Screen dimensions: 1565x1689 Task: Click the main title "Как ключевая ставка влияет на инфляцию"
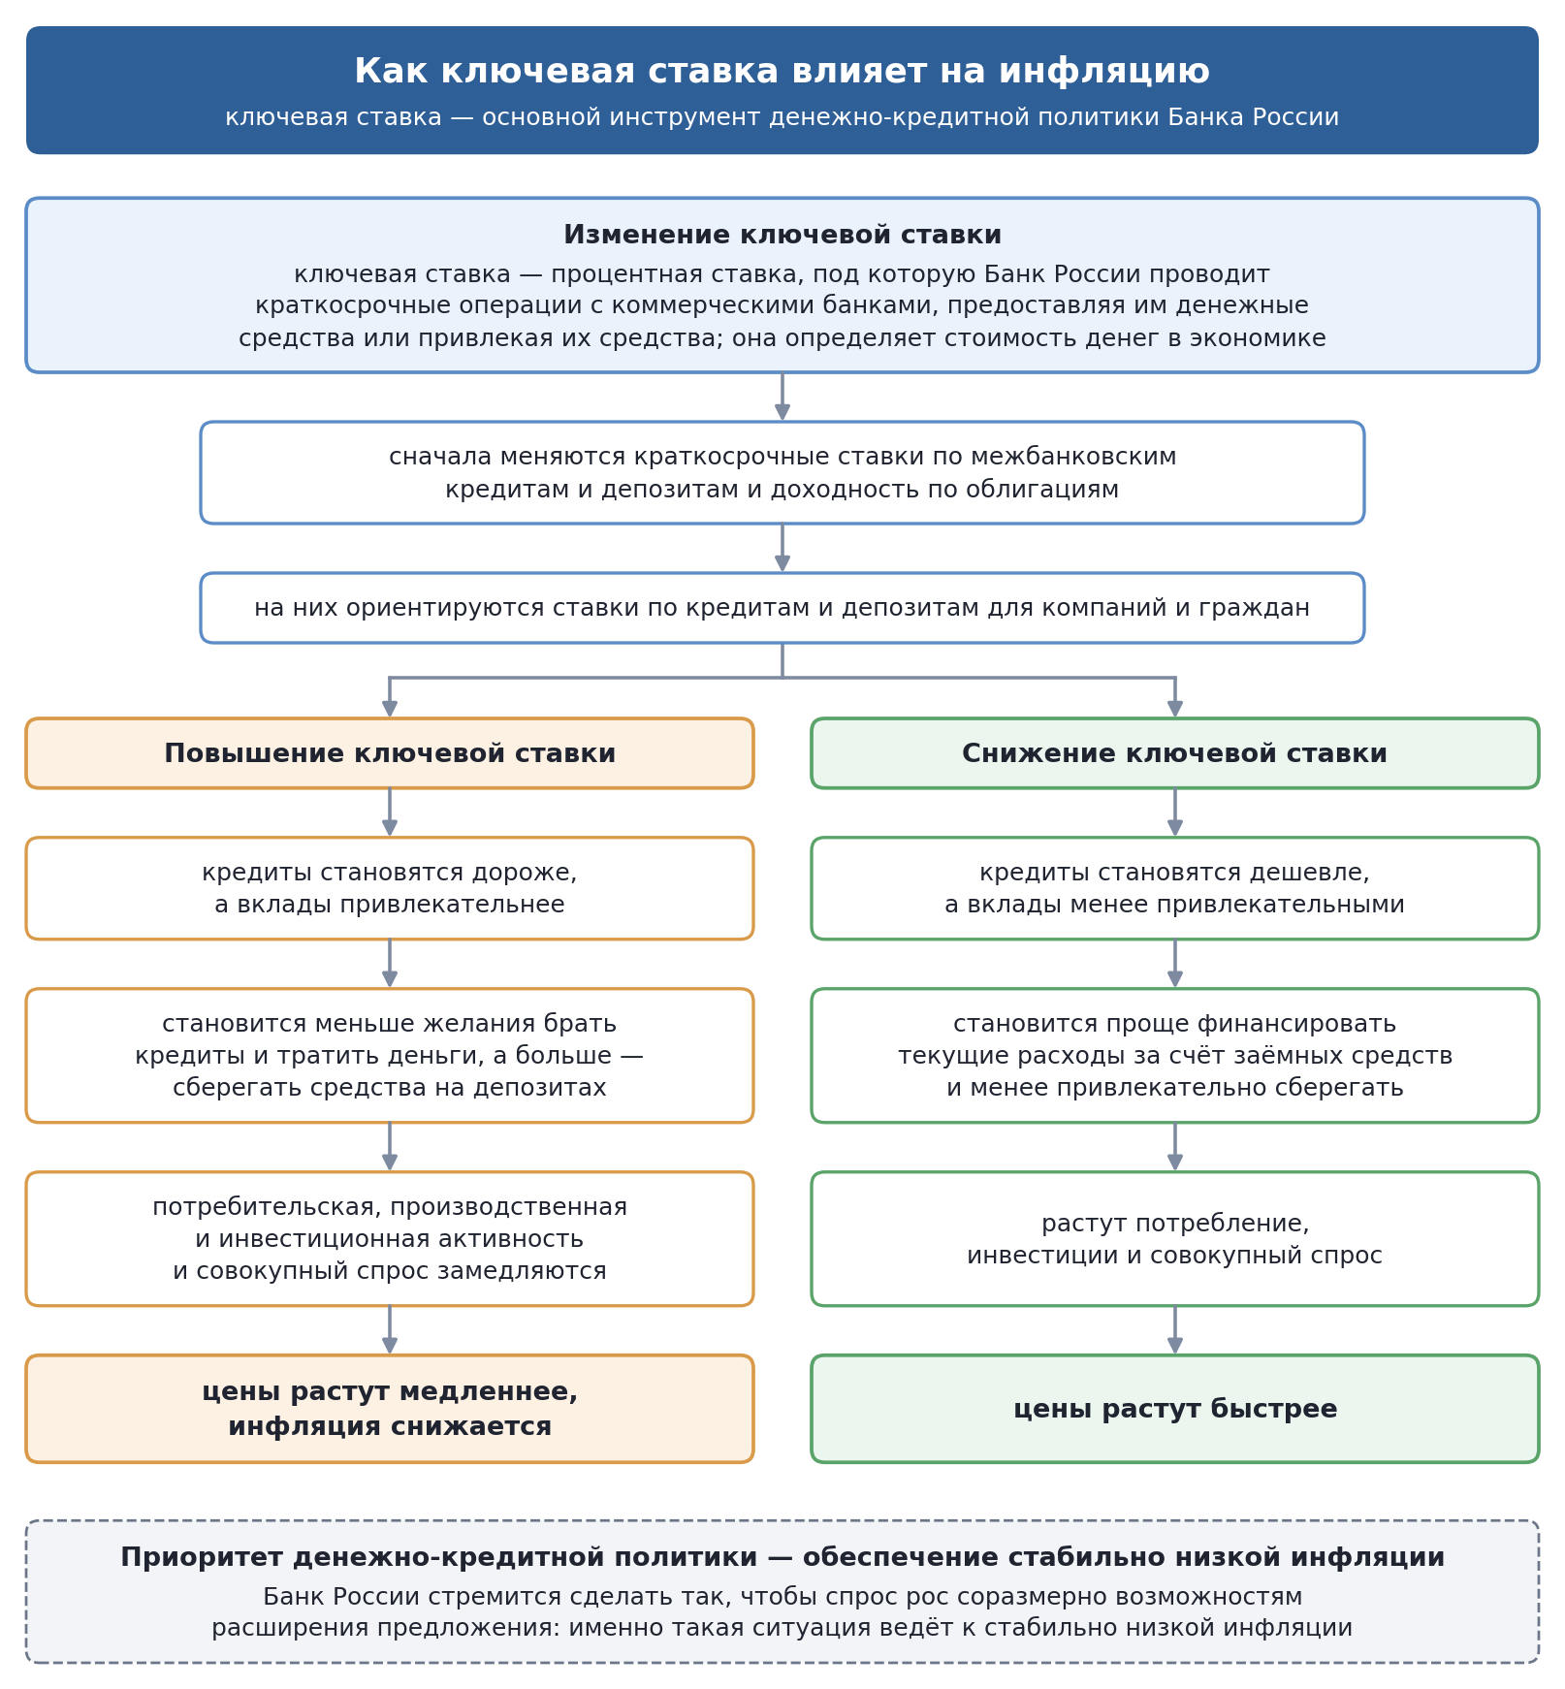(x=782, y=72)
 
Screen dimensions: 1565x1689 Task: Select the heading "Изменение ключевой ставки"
(x=782, y=236)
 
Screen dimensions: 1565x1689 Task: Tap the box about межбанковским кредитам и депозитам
(x=782, y=473)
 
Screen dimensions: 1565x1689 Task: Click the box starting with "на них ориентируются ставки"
(x=782, y=608)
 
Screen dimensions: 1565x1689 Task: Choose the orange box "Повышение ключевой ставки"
(x=390, y=753)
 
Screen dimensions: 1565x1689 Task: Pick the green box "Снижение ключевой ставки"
(x=1175, y=753)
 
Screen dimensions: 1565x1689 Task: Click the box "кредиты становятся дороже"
(x=390, y=888)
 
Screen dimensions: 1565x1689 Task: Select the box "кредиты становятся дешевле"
(x=1175, y=888)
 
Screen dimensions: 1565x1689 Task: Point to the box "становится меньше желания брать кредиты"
(x=390, y=1056)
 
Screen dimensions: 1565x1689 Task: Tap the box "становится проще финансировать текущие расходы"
(x=1175, y=1056)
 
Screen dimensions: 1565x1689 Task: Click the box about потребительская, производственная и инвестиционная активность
(x=390, y=1239)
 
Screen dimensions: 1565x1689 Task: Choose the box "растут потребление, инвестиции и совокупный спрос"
(x=1175, y=1239)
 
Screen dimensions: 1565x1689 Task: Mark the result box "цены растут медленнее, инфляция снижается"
(x=390, y=1409)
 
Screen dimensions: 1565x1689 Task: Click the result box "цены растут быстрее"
(x=1175, y=1409)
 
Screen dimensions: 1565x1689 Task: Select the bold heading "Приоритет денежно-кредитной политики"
(x=782, y=1558)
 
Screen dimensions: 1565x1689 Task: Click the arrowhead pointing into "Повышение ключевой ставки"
(x=390, y=710)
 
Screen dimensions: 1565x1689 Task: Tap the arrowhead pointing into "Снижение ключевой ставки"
(x=1175, y=710)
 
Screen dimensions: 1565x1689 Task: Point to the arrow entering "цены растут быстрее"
(x=1175, y=1330)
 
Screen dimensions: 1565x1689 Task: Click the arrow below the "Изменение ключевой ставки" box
(x=782, y=397)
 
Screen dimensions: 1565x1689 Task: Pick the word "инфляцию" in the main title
(x=1104, y=72)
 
